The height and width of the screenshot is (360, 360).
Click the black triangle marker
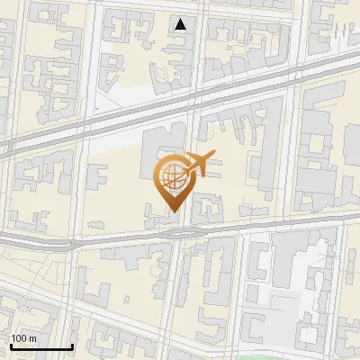click(x=182, y=24)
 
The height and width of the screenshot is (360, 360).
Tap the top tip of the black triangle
click(x=182, y=19)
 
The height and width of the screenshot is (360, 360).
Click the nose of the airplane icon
click(x=214, y=157)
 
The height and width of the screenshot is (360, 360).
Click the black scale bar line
click(x=41, y=346)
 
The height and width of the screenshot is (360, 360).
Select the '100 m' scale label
click(x=24, y=338)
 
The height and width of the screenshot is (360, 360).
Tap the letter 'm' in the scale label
click(x=32, y=338)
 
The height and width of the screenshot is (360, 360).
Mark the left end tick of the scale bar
click(x=11, y=345)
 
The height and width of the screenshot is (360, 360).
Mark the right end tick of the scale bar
click(x=72, y=345)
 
